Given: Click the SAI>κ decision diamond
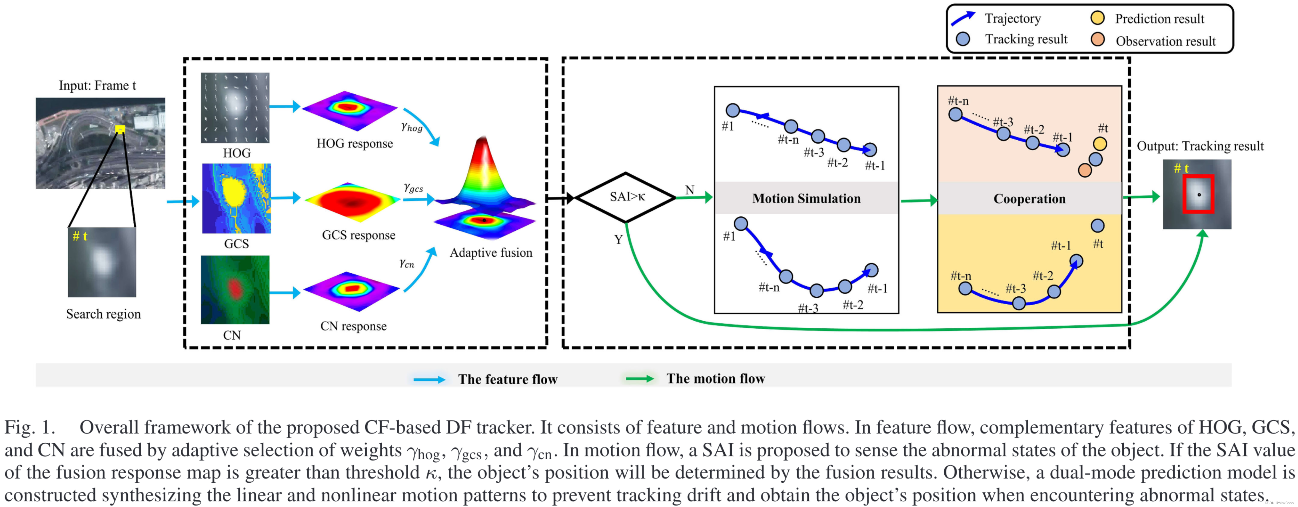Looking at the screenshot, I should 626,197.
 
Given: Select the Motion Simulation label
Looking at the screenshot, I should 806,199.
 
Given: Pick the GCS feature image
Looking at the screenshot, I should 236,198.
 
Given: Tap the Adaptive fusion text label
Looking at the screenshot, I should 491,252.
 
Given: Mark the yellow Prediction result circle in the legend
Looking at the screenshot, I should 1097,18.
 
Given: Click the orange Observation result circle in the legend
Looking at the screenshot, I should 1097,40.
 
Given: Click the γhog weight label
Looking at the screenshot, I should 412,127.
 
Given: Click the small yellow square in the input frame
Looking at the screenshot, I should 120,129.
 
